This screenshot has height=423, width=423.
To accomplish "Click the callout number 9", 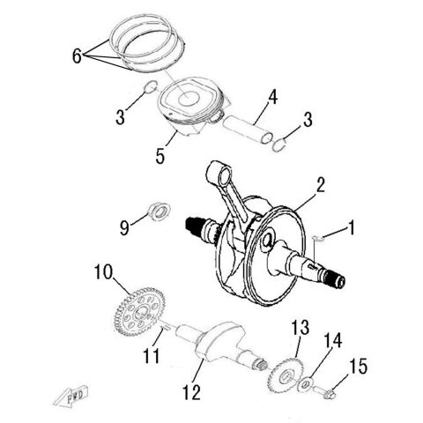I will pos(125,227).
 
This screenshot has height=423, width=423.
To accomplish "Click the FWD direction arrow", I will pos(75,400).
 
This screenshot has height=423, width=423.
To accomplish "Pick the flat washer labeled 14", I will pos(304,384).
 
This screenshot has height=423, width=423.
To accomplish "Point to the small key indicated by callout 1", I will pos(321,236).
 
